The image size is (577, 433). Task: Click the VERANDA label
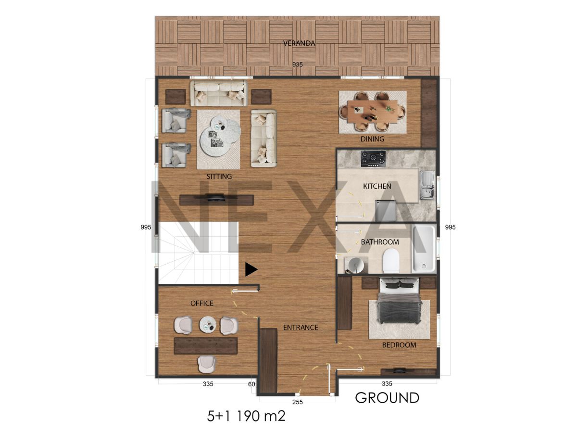299,43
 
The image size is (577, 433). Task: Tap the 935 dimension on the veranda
297,64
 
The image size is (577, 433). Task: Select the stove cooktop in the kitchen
373,159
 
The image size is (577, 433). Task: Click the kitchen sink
427,185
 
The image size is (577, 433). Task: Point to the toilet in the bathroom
391,261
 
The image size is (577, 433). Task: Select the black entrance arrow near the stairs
251,269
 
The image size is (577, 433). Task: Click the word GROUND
387,398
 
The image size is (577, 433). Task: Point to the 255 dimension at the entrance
297,402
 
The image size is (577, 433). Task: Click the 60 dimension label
251,384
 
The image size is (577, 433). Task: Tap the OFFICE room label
201,303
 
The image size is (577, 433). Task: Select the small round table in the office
208,324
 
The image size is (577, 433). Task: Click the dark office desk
206,346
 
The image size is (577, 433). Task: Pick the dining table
372,112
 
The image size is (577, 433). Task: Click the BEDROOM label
399,345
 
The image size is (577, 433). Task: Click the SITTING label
219,177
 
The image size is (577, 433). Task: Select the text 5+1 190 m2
246,416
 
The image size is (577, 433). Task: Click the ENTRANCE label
301,328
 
